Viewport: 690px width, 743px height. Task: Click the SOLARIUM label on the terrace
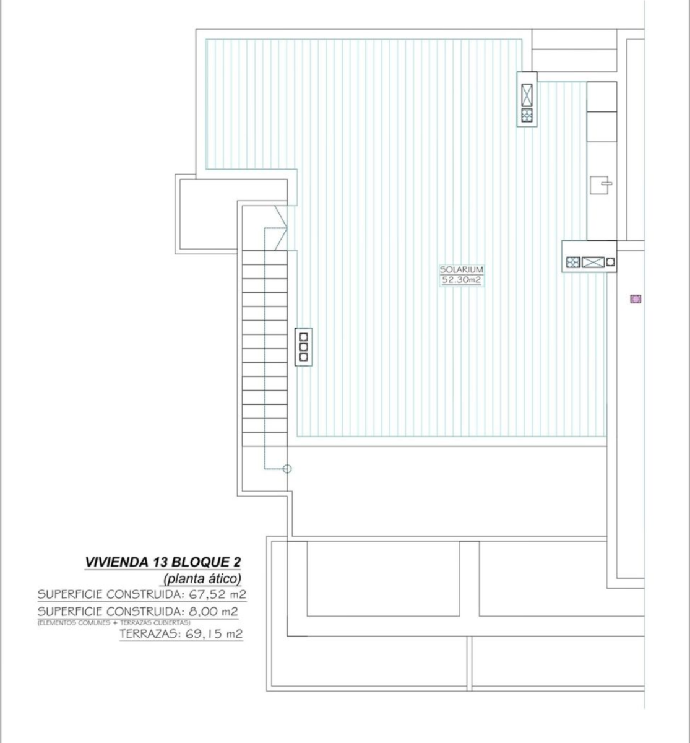461,269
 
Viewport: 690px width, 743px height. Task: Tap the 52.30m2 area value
461,280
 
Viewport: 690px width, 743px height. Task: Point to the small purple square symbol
636,298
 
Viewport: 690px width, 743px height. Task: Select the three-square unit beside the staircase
303,347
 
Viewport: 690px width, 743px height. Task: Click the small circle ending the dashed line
287,469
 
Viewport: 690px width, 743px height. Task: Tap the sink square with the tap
601,185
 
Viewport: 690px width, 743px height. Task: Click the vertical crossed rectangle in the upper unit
527,95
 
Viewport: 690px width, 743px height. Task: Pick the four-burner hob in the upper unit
527,115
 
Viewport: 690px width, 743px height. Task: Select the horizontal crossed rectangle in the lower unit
593,262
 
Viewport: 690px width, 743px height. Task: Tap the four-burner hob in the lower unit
573,262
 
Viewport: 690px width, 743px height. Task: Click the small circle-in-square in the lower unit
610,262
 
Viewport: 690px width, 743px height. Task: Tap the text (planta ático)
202,579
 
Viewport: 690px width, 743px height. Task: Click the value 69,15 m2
214,634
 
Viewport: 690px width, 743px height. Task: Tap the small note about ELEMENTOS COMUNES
114,623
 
